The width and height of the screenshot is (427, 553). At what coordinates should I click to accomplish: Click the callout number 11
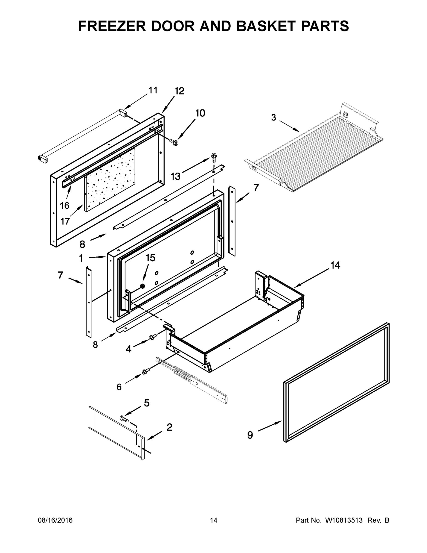pos(153,90)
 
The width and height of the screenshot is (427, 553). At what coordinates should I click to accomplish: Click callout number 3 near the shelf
pos(273,118)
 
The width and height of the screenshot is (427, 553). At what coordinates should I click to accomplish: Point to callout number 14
pos(335,265)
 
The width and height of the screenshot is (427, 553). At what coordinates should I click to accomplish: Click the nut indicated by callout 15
pos(143,286)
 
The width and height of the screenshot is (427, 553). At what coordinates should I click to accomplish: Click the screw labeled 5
pos(124,418)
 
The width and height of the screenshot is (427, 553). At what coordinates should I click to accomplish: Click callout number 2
pos(169,427)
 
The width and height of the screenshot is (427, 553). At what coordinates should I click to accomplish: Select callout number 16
pos(64,206)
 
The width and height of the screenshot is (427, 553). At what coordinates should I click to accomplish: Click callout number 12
pos(179,91)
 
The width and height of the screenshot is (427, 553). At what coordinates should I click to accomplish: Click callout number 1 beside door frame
pos(81,258)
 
